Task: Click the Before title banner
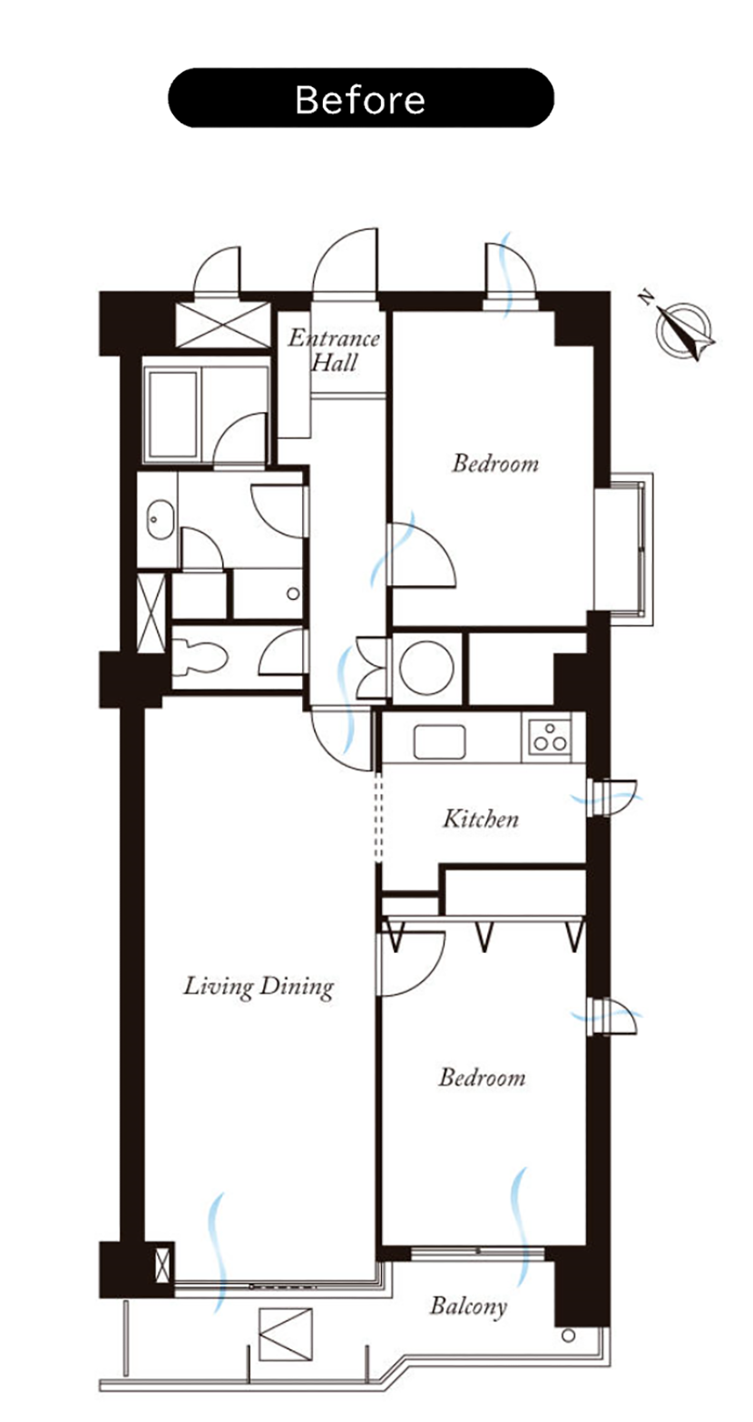[361, 98]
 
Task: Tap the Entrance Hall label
[334, 349]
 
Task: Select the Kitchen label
[481, 819]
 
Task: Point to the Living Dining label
[259, 986]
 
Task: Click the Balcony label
[468, 1307]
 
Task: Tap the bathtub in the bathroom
[172, 414]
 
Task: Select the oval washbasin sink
[160, 520]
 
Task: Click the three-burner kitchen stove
[546, 737]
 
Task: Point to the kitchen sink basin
[439, 741]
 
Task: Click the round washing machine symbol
[426, 668]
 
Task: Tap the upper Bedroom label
[495, 464]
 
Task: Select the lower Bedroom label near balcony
[482, 1077]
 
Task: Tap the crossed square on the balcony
[286, 1334]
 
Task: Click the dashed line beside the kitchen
[377, 817]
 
